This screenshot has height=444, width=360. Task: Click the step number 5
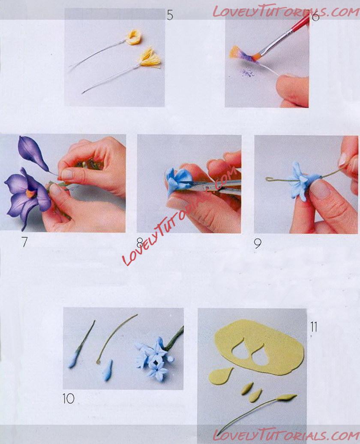(x=170, y=15)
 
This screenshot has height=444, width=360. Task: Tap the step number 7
(x=24, y=242)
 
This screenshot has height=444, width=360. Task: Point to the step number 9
(x=258, y=243)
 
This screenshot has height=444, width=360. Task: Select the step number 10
(x=69, y=399)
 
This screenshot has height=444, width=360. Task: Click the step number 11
(x=314, y=327)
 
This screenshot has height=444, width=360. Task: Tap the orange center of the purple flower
(x=31, y=193)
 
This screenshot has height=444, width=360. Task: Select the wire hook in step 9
(x=269, y=179)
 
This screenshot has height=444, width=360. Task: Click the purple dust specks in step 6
(x=248, y=73)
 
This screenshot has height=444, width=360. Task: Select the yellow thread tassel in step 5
(x=150, y=58)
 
